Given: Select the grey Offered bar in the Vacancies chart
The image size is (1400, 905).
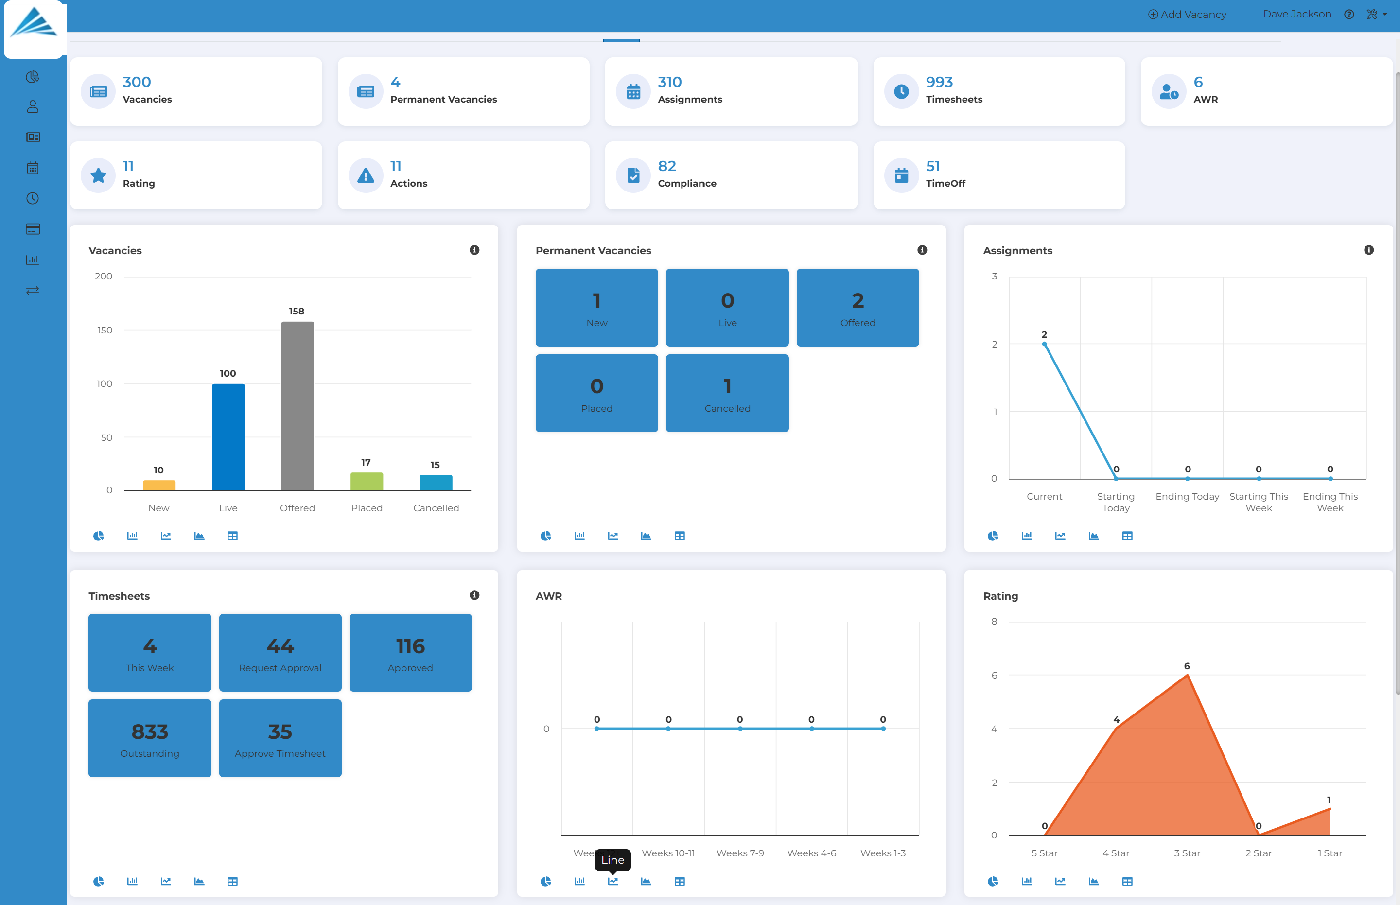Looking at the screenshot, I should tap(297, 405).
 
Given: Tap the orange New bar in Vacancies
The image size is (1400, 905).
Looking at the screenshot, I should tap(158, 486).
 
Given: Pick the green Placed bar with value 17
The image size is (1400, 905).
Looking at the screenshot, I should tap(366, 481).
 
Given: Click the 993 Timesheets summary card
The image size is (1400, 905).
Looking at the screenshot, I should tap(998, 91).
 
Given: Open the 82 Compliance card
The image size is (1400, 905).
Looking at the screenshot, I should tap(731, 175).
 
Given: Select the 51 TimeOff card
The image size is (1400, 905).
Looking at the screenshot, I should tap(998, 175).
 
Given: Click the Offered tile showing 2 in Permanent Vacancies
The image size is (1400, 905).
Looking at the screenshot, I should tap(857, 307).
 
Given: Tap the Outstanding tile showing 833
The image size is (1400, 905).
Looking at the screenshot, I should tap(149, 738).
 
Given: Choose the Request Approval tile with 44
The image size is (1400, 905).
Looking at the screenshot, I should tap(280, 652).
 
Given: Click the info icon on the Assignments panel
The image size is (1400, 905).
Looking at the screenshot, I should tap(1368, 250).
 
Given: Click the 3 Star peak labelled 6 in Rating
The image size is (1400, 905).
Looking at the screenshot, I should tap(1187, 676).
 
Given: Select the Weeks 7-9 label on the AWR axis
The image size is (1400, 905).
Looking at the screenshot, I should tap(739, 853).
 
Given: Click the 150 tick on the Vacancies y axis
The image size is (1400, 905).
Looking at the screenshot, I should tap(105, 331).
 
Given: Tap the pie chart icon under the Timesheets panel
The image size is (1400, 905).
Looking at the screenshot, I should tap(98, 881).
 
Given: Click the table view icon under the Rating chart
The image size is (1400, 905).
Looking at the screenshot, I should tap(1127, 881).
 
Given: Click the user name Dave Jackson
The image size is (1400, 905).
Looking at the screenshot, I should tap(1296, 14).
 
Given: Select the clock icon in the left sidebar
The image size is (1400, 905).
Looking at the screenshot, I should tap(32, 199).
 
